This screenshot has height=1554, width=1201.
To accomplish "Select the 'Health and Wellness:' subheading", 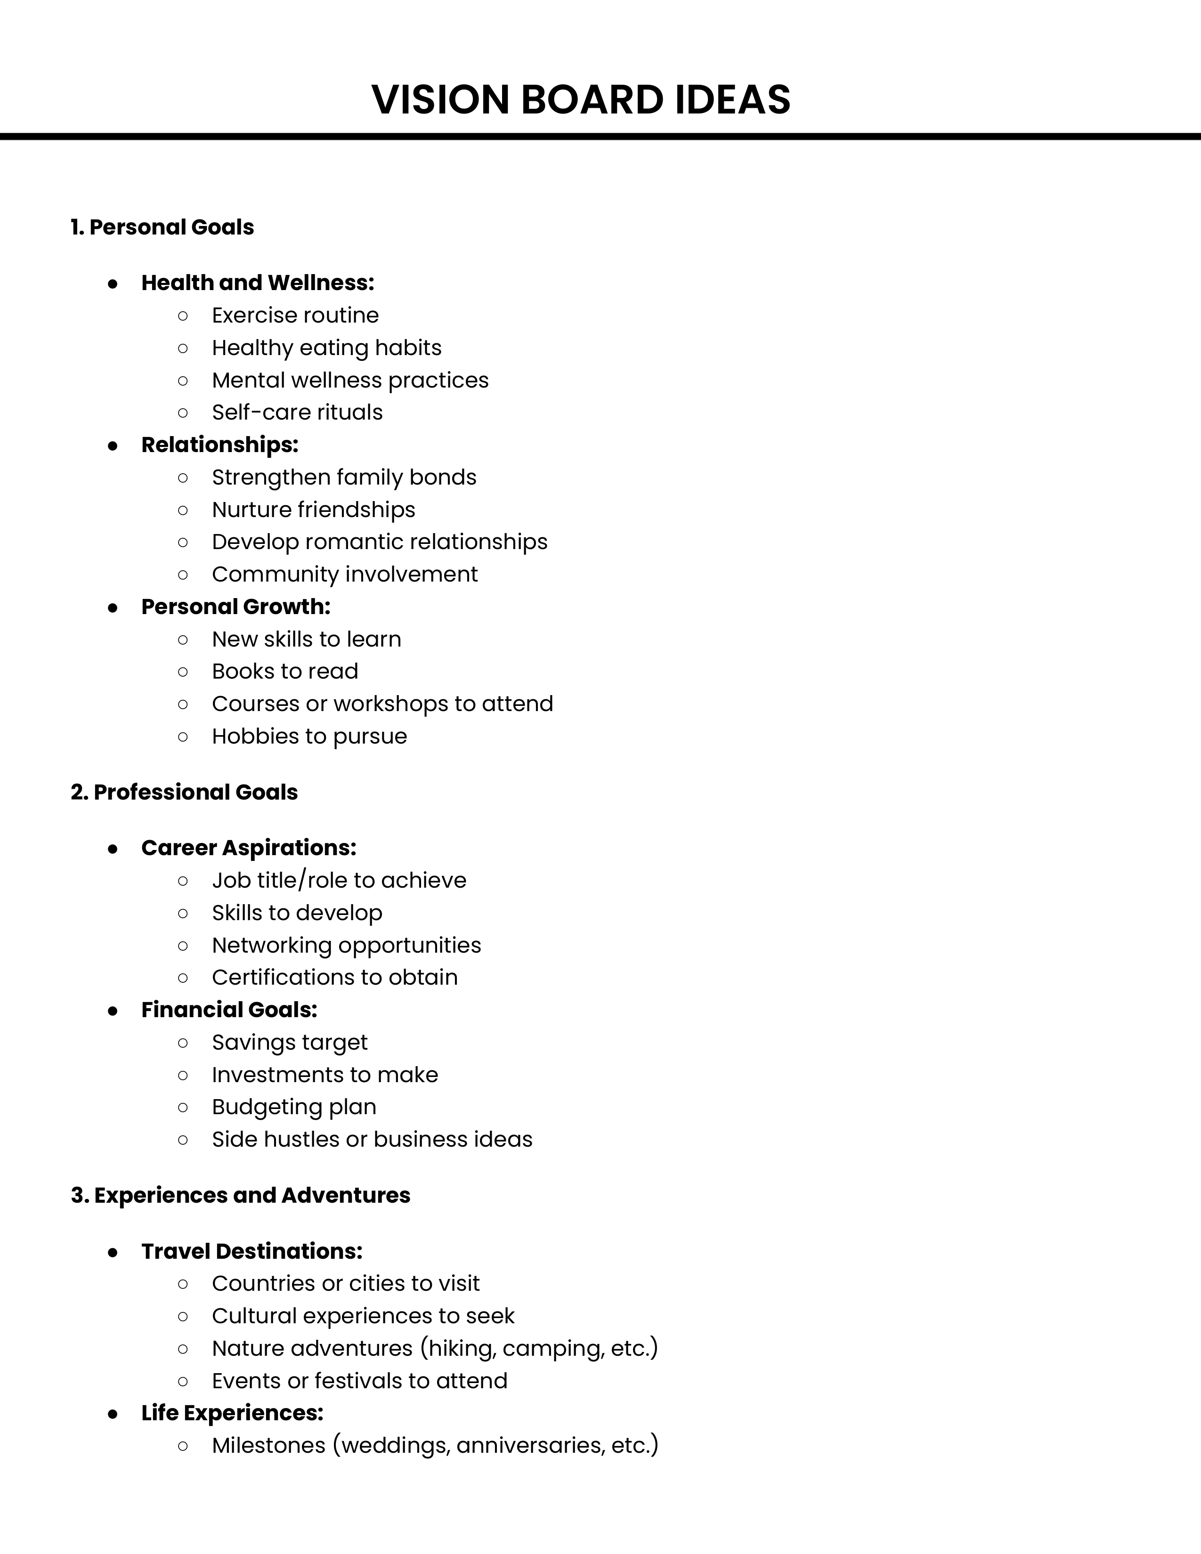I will point(258,283).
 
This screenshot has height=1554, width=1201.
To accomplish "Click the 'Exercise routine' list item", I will point(295,315).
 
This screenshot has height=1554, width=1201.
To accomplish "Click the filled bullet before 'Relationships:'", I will point(113,445).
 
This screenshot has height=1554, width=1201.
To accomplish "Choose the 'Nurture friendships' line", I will point(313,510).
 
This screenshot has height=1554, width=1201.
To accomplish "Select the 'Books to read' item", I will point(284,671).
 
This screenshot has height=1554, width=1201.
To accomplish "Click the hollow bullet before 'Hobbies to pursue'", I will point(183,737).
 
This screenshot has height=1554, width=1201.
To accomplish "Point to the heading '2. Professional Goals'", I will point(184,792).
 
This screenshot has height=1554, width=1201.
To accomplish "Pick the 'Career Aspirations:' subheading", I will point(248,848).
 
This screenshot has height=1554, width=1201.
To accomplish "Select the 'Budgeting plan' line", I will point(294,1107).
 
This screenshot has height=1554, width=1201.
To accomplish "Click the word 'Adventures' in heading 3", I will point(346,1195).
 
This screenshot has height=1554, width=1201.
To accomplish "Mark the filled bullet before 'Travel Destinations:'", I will point(113,1252).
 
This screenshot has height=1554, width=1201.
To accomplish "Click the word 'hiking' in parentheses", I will point(463,1348).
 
